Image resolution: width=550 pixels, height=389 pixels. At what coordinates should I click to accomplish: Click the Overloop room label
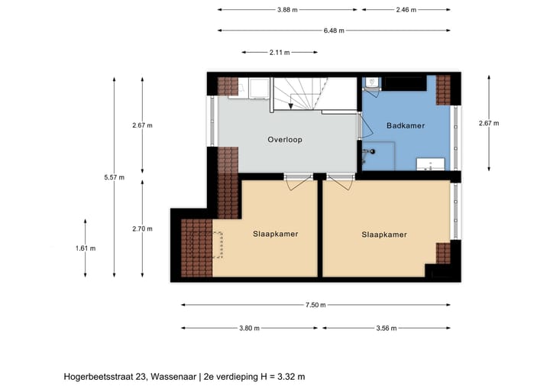coord(284,140)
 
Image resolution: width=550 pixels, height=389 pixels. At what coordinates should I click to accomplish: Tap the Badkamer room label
coord(405,125)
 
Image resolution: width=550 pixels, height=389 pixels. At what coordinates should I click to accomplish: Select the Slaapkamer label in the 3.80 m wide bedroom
coord(275,234)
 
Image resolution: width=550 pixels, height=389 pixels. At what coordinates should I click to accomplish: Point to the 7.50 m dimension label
coord(314,305)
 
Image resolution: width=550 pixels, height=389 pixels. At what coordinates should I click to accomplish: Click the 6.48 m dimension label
coord(333,31)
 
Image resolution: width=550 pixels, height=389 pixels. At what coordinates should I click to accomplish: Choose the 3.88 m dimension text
coord(287,10)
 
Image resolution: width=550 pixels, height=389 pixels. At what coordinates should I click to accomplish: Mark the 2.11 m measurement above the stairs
coord(280,53)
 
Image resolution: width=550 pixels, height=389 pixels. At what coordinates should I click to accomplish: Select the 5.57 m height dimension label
coord(114,177)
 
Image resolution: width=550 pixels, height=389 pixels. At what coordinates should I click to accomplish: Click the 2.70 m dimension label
coord(142,228)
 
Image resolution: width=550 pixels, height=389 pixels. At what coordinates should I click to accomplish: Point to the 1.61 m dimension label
coord(86,248)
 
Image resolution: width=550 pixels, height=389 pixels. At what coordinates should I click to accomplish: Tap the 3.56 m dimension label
coord(387,328)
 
